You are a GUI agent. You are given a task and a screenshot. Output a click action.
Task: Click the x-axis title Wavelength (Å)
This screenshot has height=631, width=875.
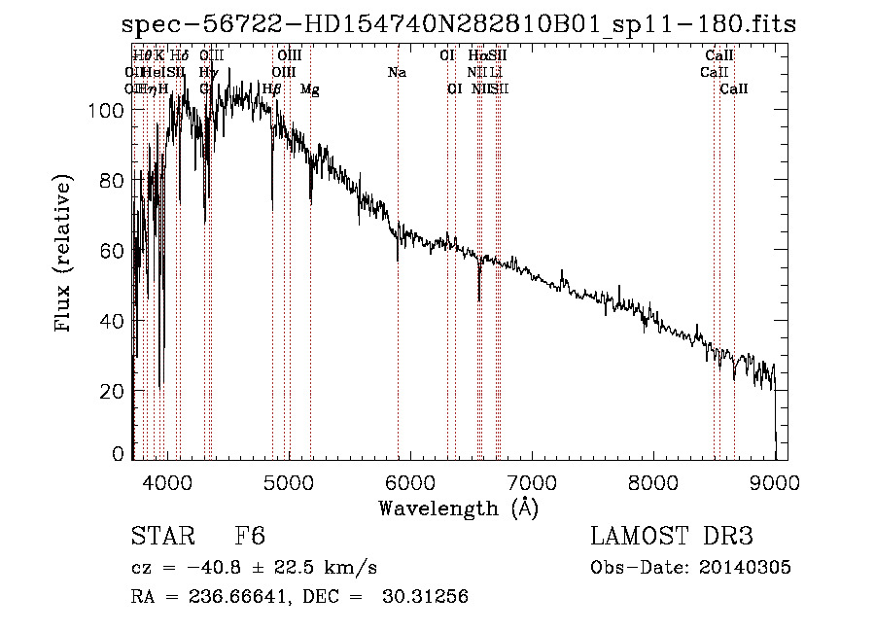[458, 508]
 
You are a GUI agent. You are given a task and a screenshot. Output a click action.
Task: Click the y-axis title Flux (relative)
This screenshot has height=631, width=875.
[65, 255]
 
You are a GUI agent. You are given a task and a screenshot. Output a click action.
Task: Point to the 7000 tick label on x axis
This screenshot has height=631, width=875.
[531, 481]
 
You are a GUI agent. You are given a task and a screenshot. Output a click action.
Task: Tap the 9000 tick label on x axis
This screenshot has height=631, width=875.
[775, 481]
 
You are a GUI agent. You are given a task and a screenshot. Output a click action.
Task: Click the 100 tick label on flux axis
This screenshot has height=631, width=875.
[106, 111]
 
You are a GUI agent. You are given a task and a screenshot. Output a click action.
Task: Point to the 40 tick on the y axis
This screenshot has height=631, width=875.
[112, 321]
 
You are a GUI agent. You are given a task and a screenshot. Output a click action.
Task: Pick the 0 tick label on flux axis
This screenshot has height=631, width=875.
[119, 453]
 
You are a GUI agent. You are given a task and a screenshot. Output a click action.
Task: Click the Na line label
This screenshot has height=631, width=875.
[397, 72]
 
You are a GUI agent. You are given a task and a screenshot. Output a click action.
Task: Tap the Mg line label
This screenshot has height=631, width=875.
[309, 89]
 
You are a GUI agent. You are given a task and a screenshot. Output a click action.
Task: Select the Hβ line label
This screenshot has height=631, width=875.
[272, 89]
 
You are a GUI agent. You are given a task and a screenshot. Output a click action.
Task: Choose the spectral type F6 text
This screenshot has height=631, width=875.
[251, 537]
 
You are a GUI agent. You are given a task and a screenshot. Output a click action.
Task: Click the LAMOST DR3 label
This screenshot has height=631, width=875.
[671, 537]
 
